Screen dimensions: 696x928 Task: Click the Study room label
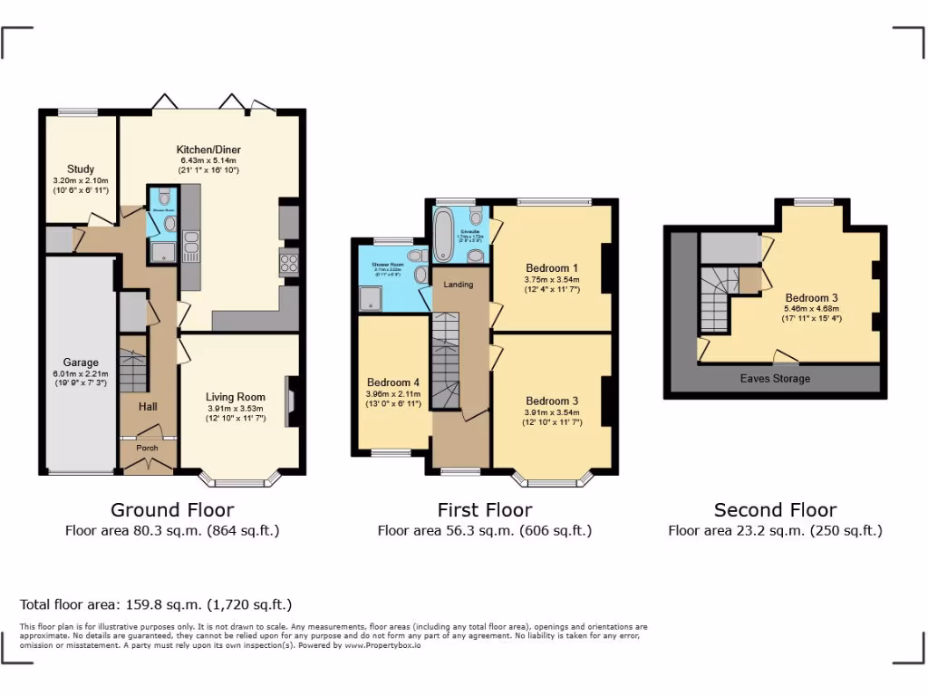pos(81,169)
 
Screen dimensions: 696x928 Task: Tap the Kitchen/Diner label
pos(208,150)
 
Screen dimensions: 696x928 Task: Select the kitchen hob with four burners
pos(289,263)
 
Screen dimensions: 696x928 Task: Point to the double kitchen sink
pos(191,244)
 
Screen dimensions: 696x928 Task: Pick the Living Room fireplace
pos(290,401)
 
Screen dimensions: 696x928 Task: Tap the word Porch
pos(147,448)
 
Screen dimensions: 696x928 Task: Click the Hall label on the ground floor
pos(148,408)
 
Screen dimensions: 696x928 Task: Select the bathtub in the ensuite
pos(444,234)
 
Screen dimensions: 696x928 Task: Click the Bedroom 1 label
pos(551,268)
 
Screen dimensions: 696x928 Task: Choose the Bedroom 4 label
pos(393,382)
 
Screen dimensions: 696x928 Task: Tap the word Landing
pos(458,285)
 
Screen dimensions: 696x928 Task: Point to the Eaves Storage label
pos(775,378)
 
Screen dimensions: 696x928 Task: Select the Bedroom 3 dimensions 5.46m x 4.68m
pos(811,308)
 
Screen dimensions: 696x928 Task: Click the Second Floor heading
pos(775,510)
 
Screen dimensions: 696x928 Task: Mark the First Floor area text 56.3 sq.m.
pos(484,531)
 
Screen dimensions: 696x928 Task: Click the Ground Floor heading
pos(172,510)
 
